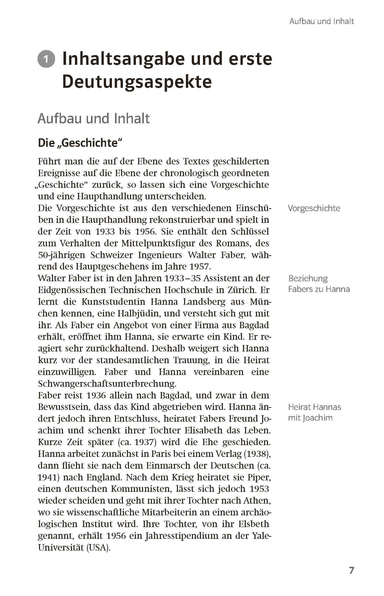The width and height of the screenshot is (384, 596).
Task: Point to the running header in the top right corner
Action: coord(322,21)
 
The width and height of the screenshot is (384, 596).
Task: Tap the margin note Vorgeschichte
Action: coord(314,208)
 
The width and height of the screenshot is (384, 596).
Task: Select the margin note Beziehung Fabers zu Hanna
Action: coord(319,284)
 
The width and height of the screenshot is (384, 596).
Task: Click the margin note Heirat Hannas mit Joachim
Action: coord(314,412)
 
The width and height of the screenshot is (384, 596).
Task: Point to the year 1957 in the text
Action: coord(200,267)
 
